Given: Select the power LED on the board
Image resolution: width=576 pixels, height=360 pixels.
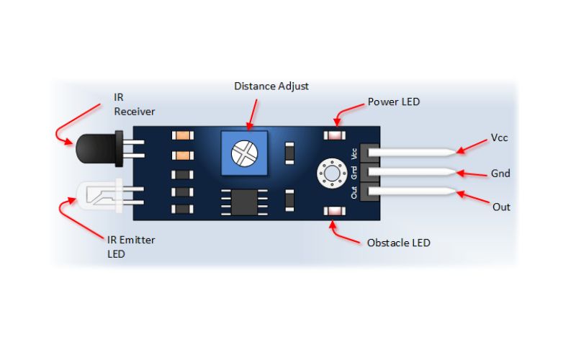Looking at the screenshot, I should [334, 135].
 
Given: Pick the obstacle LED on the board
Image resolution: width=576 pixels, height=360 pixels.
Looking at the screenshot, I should [333, 212].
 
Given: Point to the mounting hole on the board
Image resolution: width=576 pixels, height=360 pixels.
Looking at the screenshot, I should [331, 172].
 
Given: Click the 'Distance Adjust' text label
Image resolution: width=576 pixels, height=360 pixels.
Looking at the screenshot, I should [271, 86].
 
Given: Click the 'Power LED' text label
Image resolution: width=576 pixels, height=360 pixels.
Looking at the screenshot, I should [393, 102].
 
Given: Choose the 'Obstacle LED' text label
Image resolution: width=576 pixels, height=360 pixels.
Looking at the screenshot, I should [398, 243].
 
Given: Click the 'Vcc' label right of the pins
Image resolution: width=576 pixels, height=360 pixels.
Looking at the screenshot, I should [500, 137].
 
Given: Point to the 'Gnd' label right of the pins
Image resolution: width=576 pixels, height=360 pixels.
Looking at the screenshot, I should [500, 173].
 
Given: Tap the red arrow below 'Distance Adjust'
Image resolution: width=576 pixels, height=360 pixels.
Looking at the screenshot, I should [251, 111].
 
